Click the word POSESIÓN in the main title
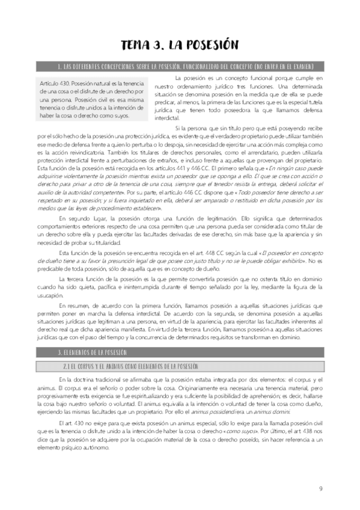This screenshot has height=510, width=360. [x=206, y=45]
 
